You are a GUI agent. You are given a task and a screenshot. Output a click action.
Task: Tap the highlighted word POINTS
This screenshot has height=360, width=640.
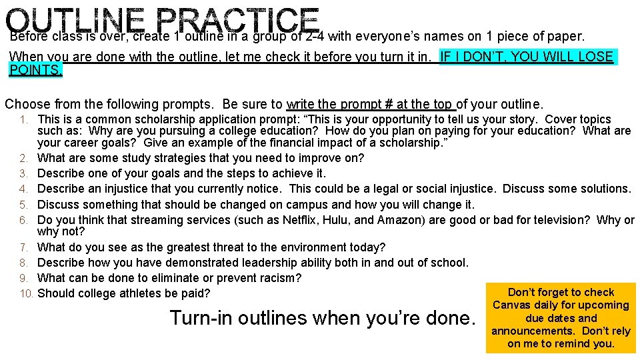tap(35, 71)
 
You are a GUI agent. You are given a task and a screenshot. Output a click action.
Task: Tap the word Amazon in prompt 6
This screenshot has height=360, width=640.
tap(398, 220)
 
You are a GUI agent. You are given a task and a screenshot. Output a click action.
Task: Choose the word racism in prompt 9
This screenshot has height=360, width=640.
tap(278, 278)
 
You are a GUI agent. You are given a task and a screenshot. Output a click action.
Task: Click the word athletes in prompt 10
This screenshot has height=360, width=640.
tap(137, 293)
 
